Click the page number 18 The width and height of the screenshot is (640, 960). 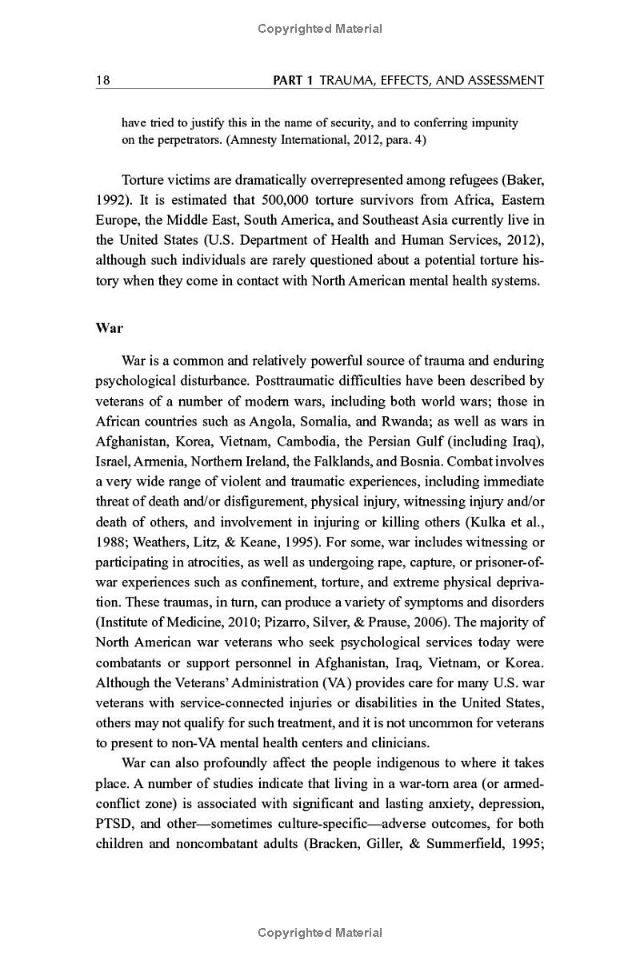(x=102, y=80)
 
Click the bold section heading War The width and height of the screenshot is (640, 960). (x=109, y=328)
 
